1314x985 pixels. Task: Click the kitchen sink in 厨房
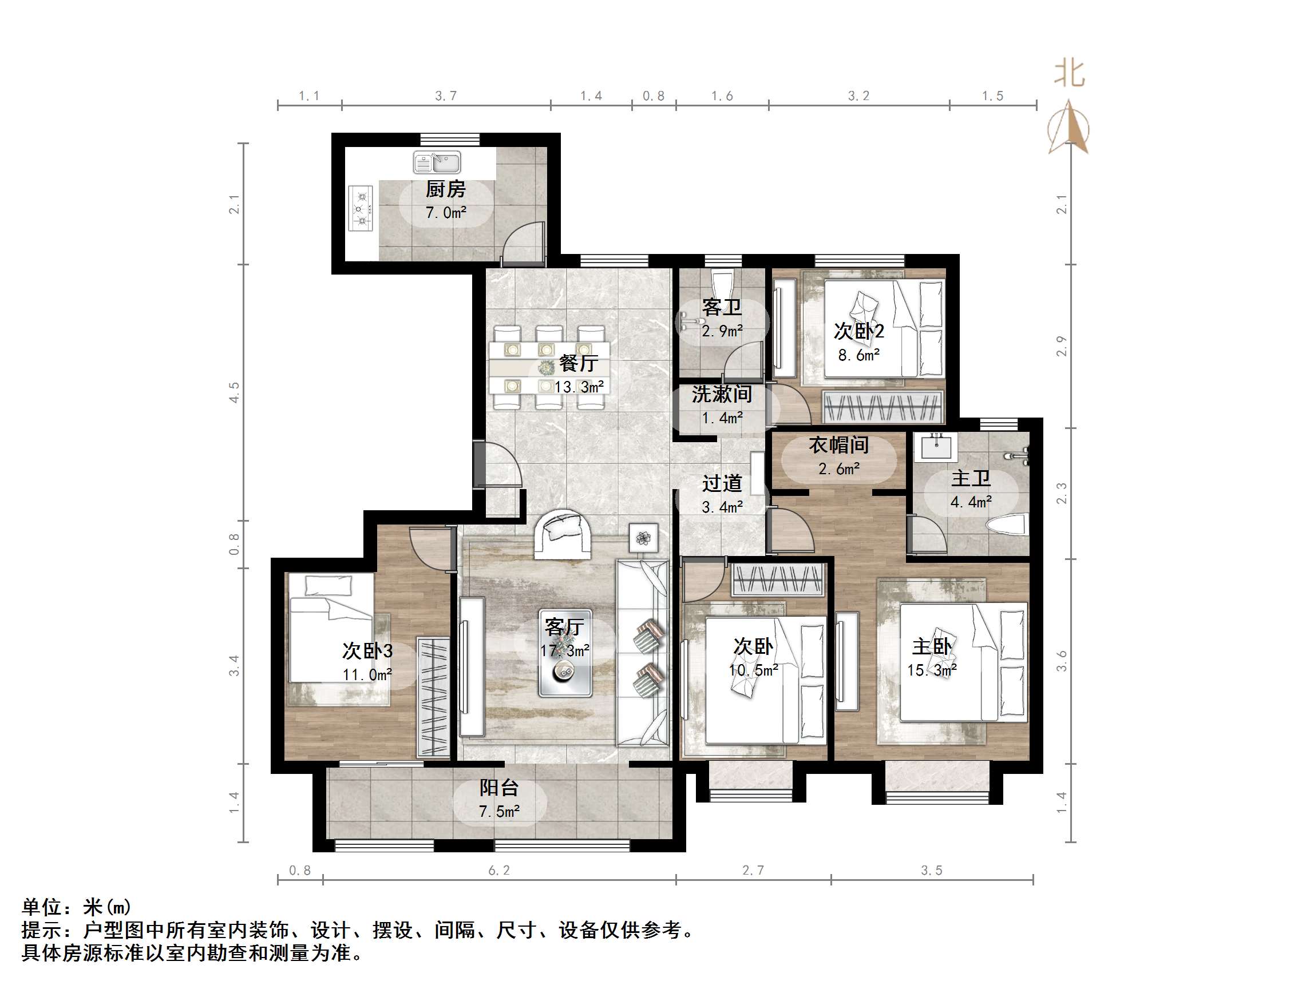click(x=437, y=162)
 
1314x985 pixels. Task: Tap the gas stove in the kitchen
click(x=361, y=208)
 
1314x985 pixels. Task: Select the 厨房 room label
click(x=445, y=189)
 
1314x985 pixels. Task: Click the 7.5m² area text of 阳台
click(x=499, y=811)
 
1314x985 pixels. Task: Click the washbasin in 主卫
click(x=937, y=446)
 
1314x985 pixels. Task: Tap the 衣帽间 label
click(x=838, y=444)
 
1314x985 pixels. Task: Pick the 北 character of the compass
click(x=1068, y=74)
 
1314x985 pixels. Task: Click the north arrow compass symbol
click(x=1068, y=128)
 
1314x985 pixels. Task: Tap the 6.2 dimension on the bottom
click(x=499, y=870)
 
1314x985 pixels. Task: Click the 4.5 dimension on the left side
click(x=235, y=392)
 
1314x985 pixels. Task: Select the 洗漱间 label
click(x=722, y=394)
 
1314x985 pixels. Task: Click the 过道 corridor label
click(x=722, y=483)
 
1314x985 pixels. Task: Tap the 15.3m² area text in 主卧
click(x=932, y=670)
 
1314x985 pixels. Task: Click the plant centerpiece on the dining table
click(x=546, y=368)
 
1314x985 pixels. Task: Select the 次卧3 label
click(x=367, y=651)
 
